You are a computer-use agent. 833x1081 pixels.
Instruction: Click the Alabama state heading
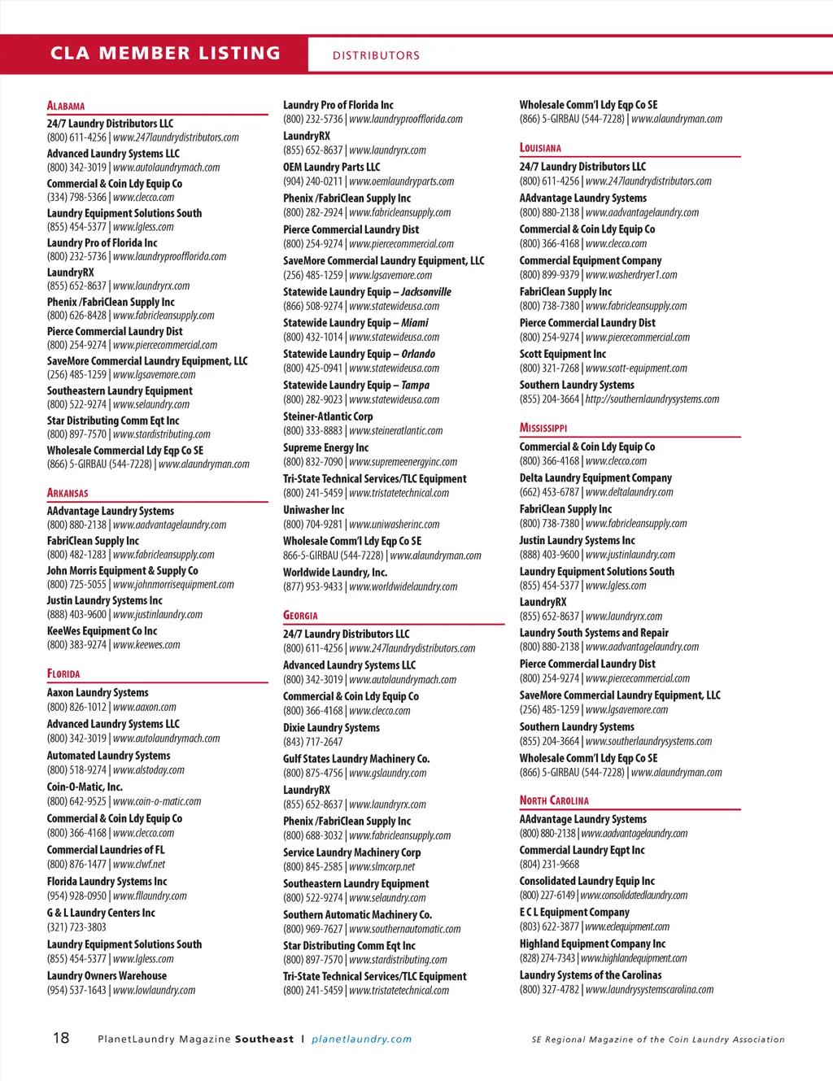66,106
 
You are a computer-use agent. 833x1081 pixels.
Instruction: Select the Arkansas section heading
68,493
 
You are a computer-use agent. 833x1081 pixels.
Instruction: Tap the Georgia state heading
300,616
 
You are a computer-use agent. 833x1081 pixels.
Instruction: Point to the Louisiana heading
540,148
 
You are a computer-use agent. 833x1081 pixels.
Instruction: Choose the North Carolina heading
554,800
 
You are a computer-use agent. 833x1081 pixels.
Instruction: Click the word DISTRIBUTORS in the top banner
376,55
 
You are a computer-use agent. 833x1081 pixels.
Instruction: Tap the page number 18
61,1038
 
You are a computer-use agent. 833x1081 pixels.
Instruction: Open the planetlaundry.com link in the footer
361,1040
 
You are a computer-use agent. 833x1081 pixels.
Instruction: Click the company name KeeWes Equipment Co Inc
102,631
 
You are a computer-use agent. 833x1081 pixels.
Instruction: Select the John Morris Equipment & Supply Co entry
122,571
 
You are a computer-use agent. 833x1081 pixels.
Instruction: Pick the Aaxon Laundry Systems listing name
98,693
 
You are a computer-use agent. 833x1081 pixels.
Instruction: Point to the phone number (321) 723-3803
76,927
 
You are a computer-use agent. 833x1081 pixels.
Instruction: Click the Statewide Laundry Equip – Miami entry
355,323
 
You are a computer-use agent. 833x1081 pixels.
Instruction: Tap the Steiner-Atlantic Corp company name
328,416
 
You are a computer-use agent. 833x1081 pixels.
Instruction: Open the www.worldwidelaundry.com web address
403,586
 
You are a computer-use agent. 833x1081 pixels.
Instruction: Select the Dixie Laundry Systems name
331,728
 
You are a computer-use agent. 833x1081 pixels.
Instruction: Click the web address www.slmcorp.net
382,867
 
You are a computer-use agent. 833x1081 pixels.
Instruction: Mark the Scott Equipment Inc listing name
563,355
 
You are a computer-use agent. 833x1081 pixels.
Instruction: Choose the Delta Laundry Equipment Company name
595,478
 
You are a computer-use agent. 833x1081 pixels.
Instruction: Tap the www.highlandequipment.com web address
634,958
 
